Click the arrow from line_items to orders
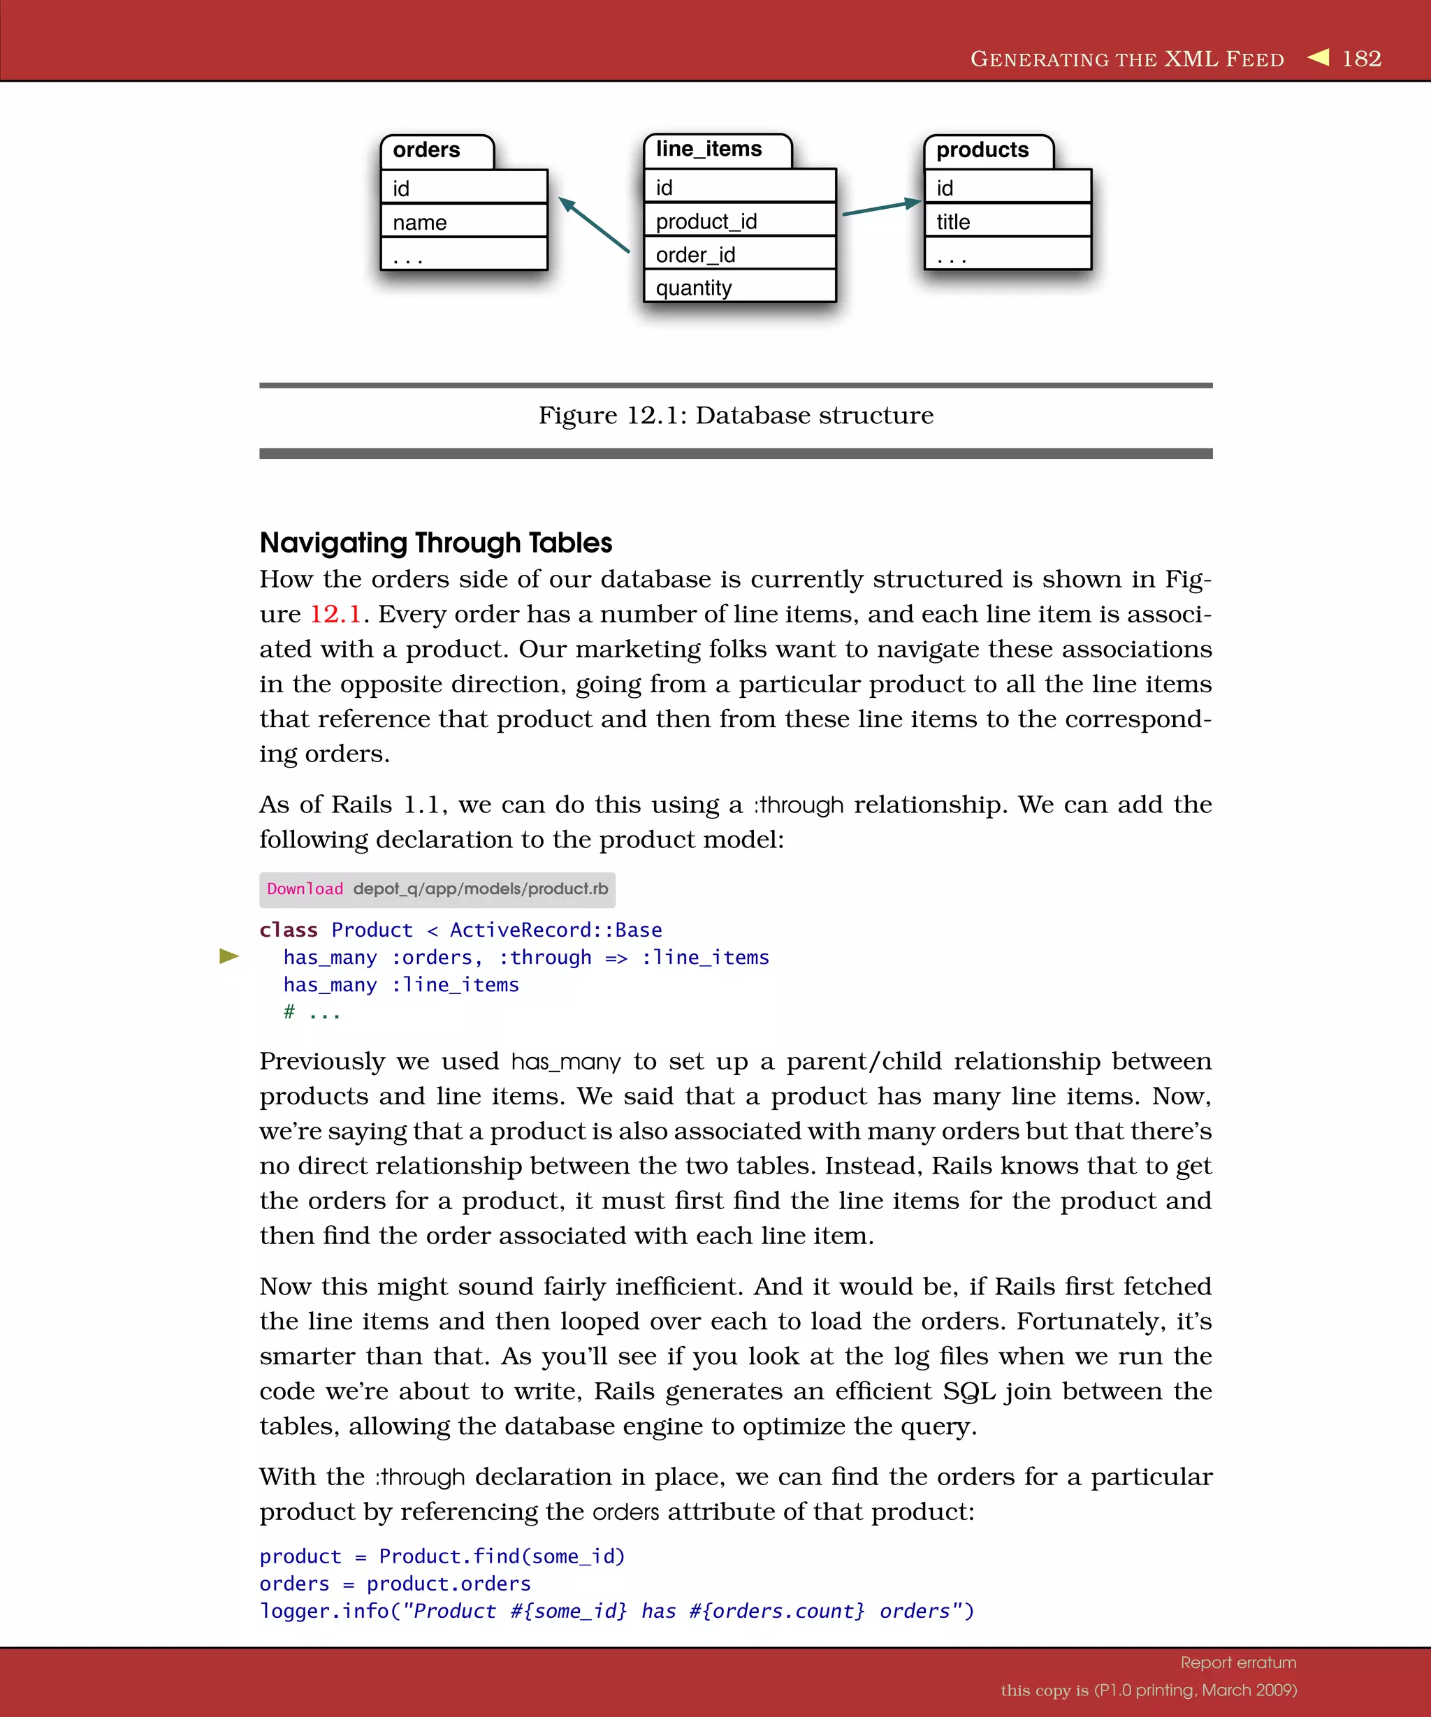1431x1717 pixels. click(594, 224)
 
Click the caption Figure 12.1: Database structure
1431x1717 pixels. click(735, 416)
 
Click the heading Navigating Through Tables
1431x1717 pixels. click(435, 543)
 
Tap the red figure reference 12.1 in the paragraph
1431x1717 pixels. click(335, 614)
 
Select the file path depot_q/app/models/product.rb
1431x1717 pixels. click(480, 889)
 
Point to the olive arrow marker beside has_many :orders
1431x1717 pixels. click(229, 956)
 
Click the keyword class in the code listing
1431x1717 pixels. click(288, 930)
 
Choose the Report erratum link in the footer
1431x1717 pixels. click(1238, 1663)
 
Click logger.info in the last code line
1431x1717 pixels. click(324, 1612)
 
